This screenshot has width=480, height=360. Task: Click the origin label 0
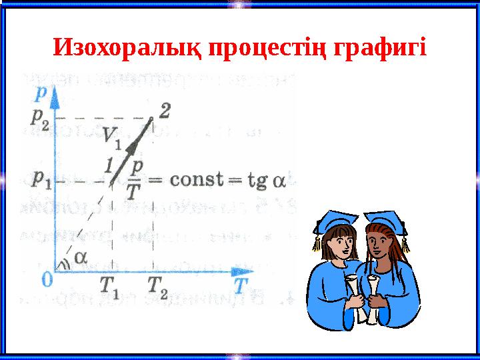[x=47, y=279]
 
